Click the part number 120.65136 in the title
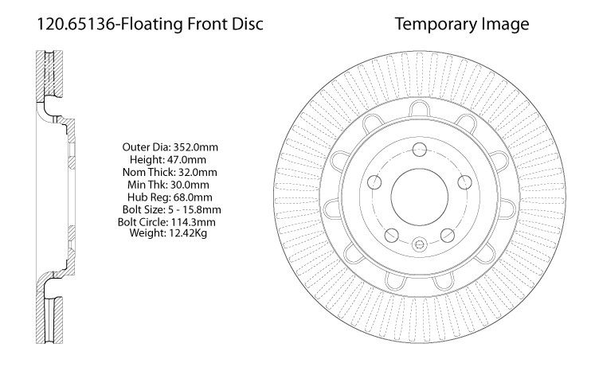tap(76, 24)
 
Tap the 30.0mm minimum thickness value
tap(190, 185)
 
